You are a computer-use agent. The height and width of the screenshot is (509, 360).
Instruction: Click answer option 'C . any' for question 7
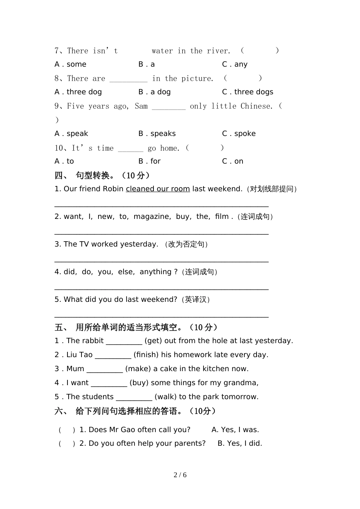pos(235,64)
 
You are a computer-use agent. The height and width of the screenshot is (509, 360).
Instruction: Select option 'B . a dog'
pos(154,92)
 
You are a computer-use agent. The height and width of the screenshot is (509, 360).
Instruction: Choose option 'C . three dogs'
pos(247,92)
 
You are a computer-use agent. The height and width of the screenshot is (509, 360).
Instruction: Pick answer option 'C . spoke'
pos(239,134)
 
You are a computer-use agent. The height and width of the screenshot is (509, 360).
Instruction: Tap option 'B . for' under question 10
pos(149,161)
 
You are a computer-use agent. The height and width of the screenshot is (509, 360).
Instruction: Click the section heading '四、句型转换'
pos(102,175)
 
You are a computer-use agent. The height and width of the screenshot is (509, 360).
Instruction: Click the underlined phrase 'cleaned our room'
pos(158,189)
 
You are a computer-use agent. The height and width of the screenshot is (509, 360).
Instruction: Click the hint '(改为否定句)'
pos(186,245)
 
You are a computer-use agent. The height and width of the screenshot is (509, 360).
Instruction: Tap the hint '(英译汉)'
pos(196,300)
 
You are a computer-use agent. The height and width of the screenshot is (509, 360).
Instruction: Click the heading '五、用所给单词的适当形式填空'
pos(136,327)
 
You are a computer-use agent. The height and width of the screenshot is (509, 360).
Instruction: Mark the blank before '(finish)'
pos(113,355)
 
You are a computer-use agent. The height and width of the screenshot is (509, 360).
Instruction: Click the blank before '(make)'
pos(105,369)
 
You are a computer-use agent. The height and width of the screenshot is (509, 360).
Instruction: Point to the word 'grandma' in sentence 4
pos(241,383)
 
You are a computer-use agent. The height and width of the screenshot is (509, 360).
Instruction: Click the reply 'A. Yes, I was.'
pos(235,430)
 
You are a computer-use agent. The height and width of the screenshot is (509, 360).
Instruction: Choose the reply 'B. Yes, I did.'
pos(239,443)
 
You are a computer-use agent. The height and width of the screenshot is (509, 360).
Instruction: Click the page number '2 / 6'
pos(180,475)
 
